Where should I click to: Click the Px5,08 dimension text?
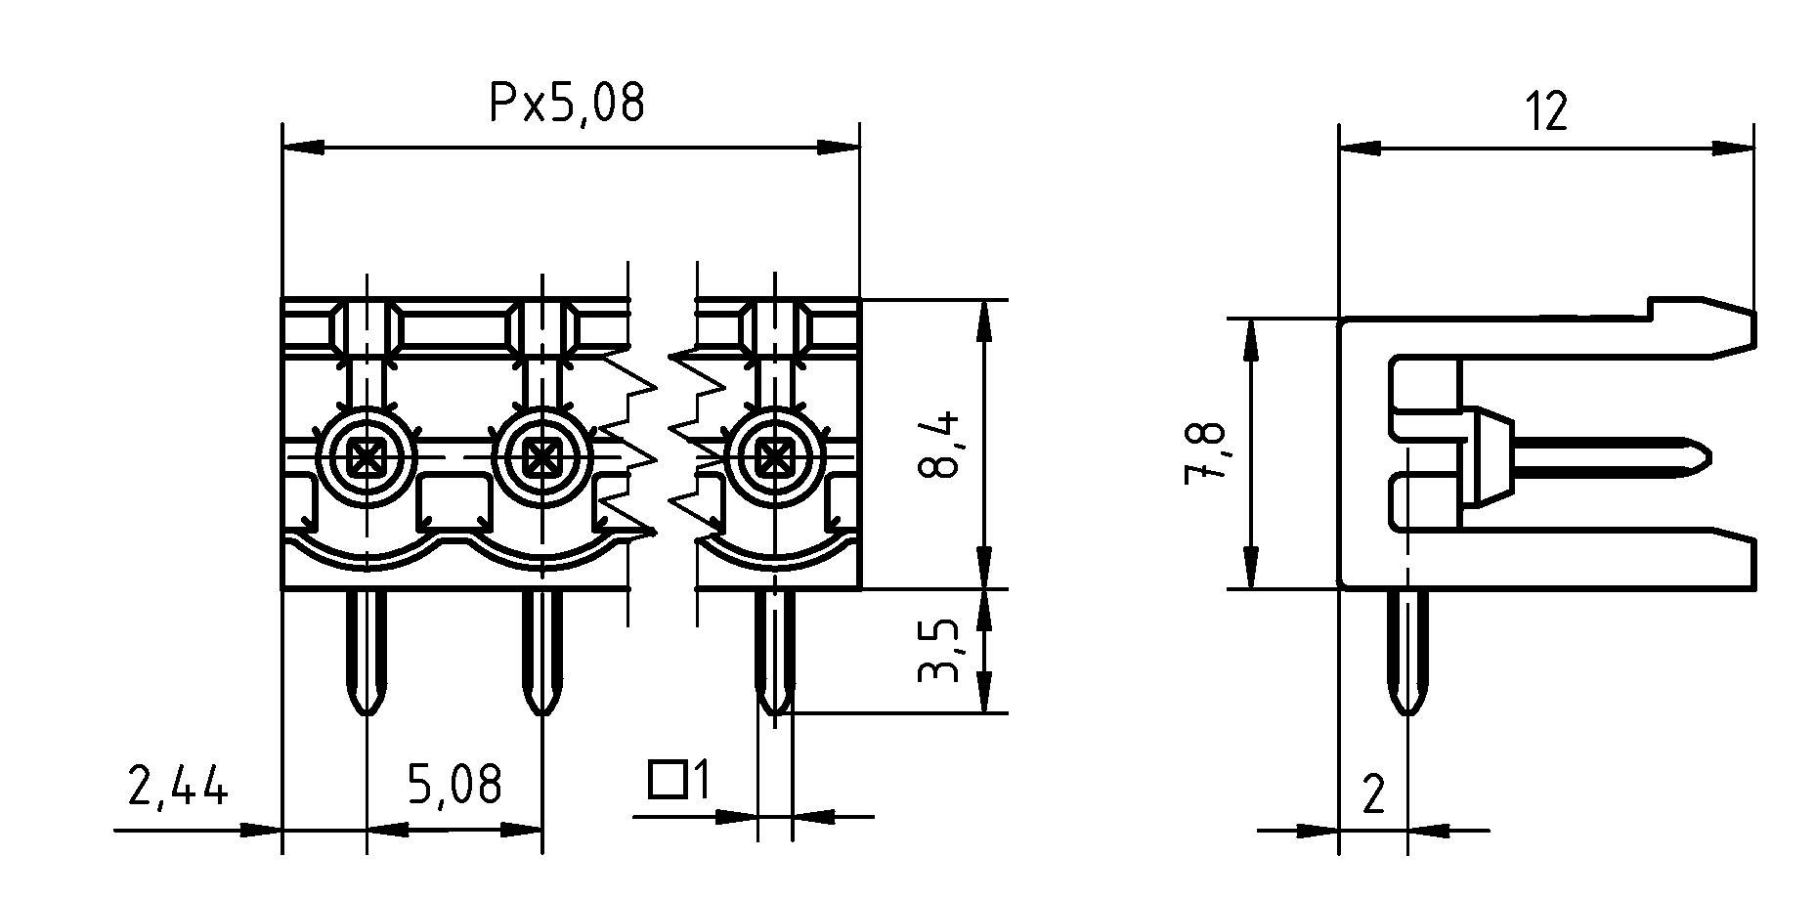pos(567,103)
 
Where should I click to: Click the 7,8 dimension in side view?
pos(1206,453)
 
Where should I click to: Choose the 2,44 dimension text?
pos(177,786)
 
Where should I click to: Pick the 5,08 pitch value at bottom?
pos(454,784)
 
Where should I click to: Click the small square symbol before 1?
pos(667,779)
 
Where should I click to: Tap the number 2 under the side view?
pos(1373,795)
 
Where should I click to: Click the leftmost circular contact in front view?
pos(367,456)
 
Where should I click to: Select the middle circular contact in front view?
pos(540,456)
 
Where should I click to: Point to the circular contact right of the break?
pos(775,456)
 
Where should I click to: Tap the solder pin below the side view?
pos(1407,655)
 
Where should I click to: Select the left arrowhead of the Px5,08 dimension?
pos(302,149)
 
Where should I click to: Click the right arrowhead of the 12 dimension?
pos(1734,149)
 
